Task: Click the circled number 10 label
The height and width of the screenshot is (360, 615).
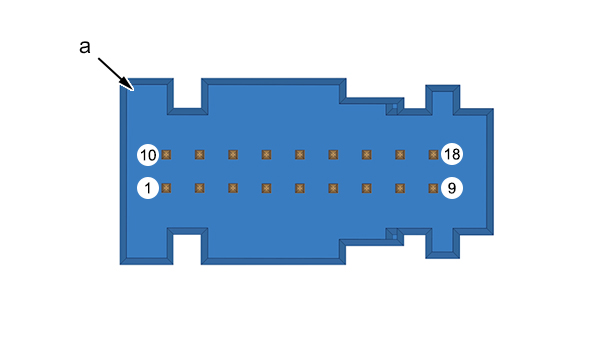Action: click(148, 155)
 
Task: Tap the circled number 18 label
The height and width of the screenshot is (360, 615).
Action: click(452, 154)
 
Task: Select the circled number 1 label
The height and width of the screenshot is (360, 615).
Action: click(148, 188)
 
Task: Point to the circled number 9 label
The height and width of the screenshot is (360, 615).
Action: click(452, 188)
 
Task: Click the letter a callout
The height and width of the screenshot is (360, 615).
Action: click(85, 47)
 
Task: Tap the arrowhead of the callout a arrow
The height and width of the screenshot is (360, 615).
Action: click(129, 85)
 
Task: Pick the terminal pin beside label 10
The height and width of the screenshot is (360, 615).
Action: click(166, 155)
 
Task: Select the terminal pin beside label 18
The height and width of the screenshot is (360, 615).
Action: click(433, 155)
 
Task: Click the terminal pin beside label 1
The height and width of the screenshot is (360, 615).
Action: click(166, 188)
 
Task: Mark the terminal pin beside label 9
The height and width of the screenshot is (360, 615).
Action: click(433, 188)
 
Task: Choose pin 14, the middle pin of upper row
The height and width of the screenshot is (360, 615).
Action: click(300, 155)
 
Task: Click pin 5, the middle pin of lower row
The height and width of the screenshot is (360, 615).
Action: click(300, 188)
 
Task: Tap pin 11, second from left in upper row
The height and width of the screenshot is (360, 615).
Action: click(200, 155)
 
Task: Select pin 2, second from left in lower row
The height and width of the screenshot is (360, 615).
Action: click(200, 188)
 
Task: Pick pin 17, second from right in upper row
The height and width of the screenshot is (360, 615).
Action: click(400, 155)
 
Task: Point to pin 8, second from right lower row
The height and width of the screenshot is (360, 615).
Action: click(400, 188)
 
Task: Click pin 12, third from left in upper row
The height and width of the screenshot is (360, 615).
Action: click(233, 155)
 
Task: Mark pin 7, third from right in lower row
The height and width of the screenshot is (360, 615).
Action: click(366, 188)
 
